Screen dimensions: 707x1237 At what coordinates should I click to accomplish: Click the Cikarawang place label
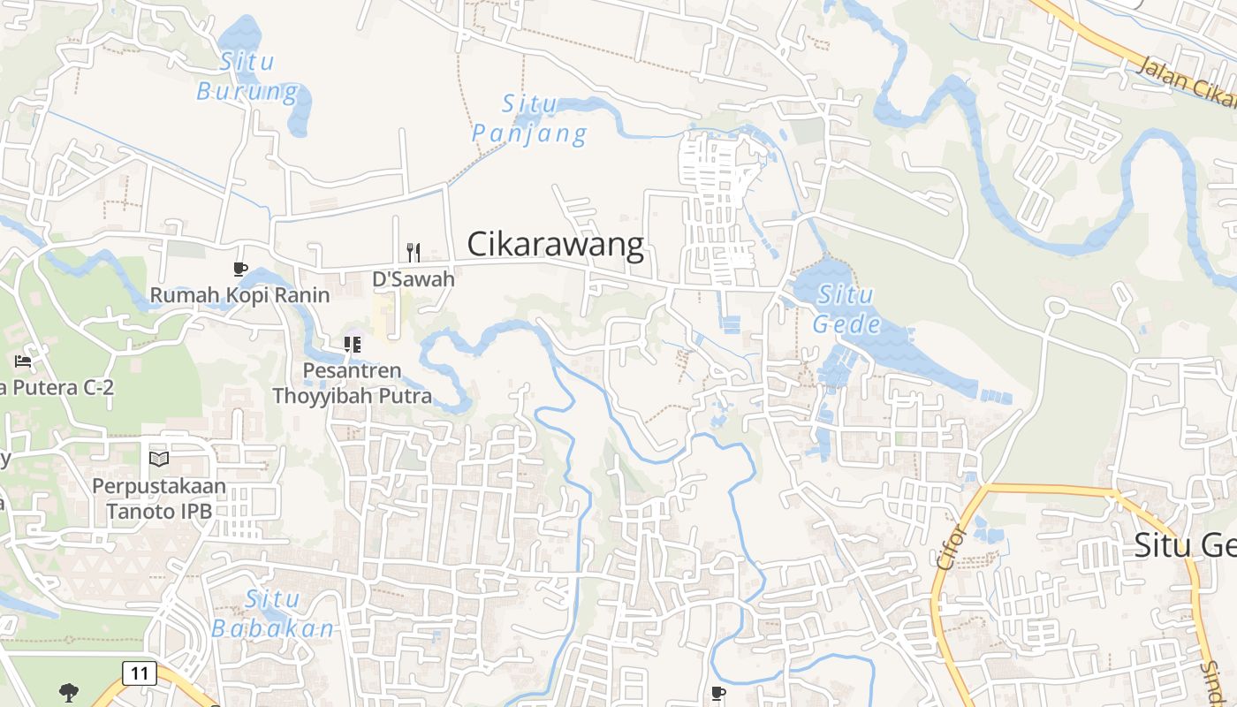(x=555, y=245)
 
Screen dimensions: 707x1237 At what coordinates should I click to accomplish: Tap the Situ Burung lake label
(x=247, y=77)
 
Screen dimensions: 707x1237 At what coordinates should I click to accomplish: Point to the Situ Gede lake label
(x=846, y=308)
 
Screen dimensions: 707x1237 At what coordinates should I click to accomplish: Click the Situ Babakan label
(x=273, y=613)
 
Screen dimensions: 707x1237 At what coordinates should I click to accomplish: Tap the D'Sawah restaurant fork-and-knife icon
(x=413, y=253)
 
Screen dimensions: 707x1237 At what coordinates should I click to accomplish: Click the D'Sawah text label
(x=413, y=279)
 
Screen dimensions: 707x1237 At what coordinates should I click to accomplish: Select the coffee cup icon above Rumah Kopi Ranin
(x=239, y=269)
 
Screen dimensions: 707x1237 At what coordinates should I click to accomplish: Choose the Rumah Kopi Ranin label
(x=239, y=295)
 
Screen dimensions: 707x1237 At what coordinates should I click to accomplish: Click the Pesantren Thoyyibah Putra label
(x=352, y=383)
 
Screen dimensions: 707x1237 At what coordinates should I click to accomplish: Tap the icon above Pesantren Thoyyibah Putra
(x=352, y=344)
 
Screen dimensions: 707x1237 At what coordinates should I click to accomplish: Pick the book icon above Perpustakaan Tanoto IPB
(x=159, y=459)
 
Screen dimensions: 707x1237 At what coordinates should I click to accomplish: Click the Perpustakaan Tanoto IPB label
(x=159, y=498)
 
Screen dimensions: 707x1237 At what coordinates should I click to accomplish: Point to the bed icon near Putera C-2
(x=23, y=361)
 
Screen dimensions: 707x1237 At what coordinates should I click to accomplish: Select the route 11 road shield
(x=140, y=673)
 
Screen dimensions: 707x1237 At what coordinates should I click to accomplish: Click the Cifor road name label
(x=947, y=546)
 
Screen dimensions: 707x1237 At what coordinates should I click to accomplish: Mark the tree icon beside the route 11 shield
(x=68, y=692)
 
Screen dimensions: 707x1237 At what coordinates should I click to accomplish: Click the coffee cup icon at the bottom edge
(x=718, y=693)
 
